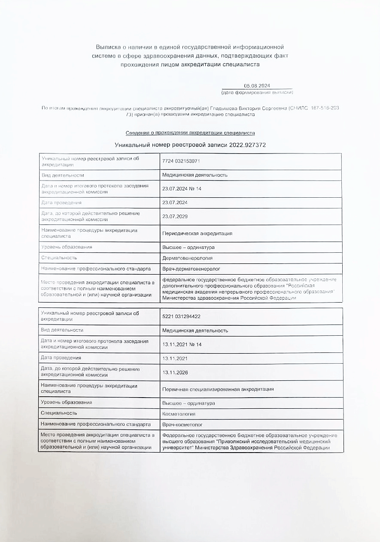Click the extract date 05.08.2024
(x=257, y=86)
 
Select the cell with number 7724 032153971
(x=181, y=161)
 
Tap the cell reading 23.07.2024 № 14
(x=182, y=189)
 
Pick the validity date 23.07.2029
(x=175, y=216)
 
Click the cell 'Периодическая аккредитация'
(x=197, y=233)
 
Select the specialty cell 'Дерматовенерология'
(x=187, y=258)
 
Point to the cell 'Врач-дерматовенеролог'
(x=191, y=269)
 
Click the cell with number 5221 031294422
(x=181, y=316)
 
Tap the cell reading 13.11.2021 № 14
(x=182, y=344)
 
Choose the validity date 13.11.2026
(x=175, y=372)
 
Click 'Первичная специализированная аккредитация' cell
(x=218, y=389)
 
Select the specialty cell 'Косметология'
(x=179, y=413)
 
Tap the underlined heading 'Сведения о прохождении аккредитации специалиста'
(x=190, y=133)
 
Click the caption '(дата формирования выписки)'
(x=257, y=92)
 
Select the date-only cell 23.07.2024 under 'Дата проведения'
(x=175, y=202)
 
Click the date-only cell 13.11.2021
(x=175, y=358)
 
